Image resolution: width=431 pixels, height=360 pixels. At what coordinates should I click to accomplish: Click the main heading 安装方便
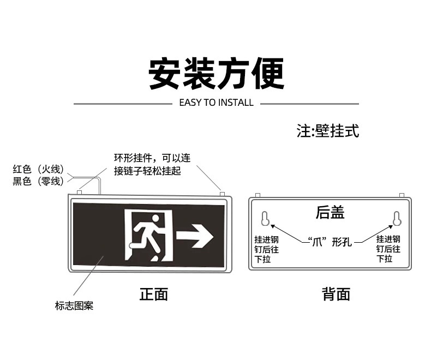[216, 74]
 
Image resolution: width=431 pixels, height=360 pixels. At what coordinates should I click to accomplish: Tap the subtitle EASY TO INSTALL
[216, 103]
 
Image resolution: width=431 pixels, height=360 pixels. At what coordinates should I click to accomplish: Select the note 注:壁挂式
[328, 131]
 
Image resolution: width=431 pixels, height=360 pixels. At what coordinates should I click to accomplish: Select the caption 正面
[154, 295]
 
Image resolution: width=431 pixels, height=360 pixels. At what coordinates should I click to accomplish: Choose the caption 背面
[336, 295]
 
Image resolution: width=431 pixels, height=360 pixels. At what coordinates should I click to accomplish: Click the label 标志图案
[74, 306]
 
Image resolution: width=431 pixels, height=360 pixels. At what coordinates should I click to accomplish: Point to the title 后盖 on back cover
[330, 212]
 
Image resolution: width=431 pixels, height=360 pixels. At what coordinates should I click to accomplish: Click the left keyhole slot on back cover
[265, 218]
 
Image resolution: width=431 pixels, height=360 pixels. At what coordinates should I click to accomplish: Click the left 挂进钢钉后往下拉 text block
[267, 249]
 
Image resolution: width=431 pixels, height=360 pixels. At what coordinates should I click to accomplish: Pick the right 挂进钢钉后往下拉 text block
[388, 249]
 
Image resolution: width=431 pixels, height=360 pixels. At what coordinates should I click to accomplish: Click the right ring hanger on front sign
[222, 193]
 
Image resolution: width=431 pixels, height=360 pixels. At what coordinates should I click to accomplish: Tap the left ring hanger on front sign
[80, 192]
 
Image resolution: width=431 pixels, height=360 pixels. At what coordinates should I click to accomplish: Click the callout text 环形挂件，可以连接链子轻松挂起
[152, 164]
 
